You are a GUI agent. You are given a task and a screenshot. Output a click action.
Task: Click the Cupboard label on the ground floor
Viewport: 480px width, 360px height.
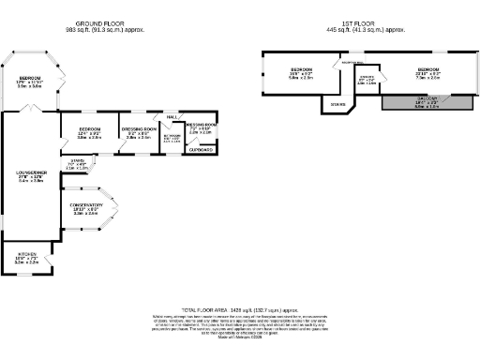(x=201, y=149)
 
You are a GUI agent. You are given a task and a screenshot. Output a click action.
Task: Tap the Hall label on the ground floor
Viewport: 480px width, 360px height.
(x=172, y=117)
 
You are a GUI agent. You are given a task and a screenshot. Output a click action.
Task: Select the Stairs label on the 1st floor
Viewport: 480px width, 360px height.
(x=337, y=105)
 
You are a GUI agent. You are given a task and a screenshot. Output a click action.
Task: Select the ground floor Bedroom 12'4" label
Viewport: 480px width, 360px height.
(x=89, y=128)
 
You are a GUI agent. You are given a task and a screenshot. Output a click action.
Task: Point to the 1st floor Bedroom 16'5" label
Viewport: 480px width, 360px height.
(x=301, y=70)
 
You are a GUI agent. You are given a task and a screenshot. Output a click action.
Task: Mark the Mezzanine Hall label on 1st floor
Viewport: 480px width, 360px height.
(x=352, y=62)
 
